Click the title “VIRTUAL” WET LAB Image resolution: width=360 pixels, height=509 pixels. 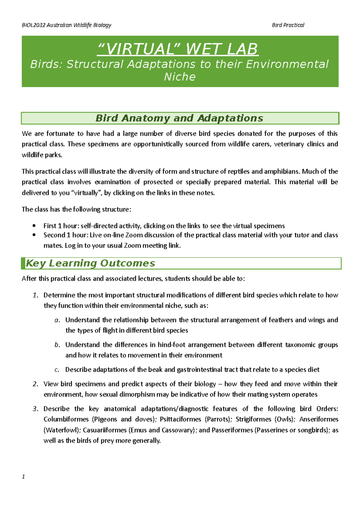tap(178, 49)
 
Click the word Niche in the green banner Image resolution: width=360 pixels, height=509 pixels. tap(180, 77)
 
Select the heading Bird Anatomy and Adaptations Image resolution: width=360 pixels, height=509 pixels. tap(179, 118)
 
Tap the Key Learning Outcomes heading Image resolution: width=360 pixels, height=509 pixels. tap(90, 263)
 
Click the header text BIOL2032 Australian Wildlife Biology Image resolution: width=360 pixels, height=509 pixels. tap(67, 25)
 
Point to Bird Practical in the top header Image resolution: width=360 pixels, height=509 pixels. tap(288, 25)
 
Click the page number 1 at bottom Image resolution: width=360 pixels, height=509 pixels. tap(23, 477)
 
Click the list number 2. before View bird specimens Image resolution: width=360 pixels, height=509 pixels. tap(35, 384)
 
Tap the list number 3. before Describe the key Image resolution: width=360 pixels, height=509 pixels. tap(35, 409)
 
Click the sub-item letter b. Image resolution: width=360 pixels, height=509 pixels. tap(57, 345)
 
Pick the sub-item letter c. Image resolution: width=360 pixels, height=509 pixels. tap(57, 370)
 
